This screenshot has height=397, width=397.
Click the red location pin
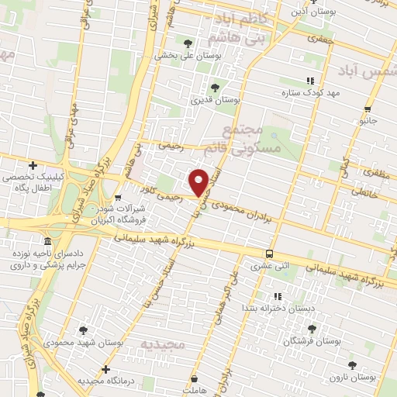199,182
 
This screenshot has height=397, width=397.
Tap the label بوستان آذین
311,12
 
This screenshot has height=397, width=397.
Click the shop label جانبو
366,121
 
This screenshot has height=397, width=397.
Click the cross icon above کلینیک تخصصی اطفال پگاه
33,165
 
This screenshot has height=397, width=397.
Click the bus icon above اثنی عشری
269,254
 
